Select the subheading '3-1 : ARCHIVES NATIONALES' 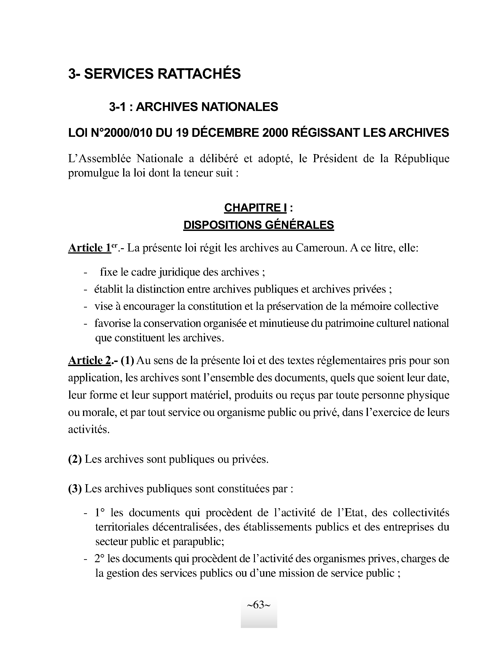(194, 107)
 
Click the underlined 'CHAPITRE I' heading (255, 208)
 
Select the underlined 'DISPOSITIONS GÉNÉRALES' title (258, 225)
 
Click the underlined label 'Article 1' (89, 248)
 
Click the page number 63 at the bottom (259, 605)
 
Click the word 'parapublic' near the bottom (197, 541)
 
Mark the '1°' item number (100, 513)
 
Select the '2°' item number (100, 558)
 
